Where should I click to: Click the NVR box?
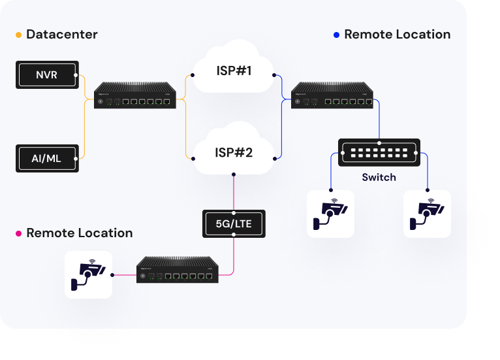tap(47, 75)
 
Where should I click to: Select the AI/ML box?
tap(47, 158)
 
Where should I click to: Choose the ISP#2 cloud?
tap(234, 153)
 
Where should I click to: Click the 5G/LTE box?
tap(234, 223)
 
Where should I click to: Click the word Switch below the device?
tap(379, 177)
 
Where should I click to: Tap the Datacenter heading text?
tap(62, 35)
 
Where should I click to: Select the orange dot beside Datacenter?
tap(18, 35)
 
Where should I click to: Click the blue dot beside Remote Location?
tap(336, 35)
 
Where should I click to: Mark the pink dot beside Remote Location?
tap(18, 233)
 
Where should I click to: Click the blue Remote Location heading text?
tap(397, 35)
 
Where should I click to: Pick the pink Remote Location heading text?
tap(79, 233)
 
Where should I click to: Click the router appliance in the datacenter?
tap(136, 96)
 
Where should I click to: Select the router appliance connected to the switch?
tap(332, 96)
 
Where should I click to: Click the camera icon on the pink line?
tap(88, 274)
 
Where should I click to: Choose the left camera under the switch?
tap(330, 214)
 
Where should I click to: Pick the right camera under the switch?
tap(427, 214)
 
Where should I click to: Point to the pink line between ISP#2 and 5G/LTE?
tap(234, 192)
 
